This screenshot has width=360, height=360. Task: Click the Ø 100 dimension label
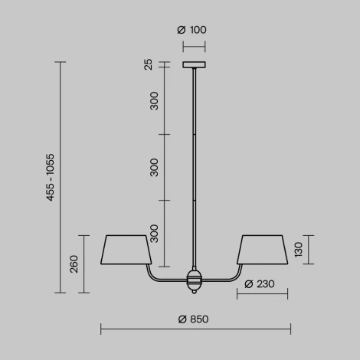pyautogui.click(x=191, y=31)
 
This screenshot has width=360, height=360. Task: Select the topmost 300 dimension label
pyautogui.click(x=154, y=101)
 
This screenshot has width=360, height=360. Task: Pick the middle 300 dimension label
pyautogui.click(x=154, y=167)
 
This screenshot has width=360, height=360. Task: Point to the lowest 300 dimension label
pyautogui.click(x=154, y=233)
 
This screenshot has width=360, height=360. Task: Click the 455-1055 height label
pyautogui.click(x=50, y=178)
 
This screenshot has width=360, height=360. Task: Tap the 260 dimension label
pyautogui.click(x=74, y=263)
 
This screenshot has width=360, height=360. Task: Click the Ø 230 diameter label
pyautogui.click(x=260, y=284)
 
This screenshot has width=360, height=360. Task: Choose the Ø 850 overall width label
pyautogui.click(x=194, y=319)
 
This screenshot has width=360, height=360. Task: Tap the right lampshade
pyautogui.click(x=263, y=250)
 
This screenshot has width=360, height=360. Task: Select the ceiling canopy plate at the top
pyautogui.click(x=195, y=65)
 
